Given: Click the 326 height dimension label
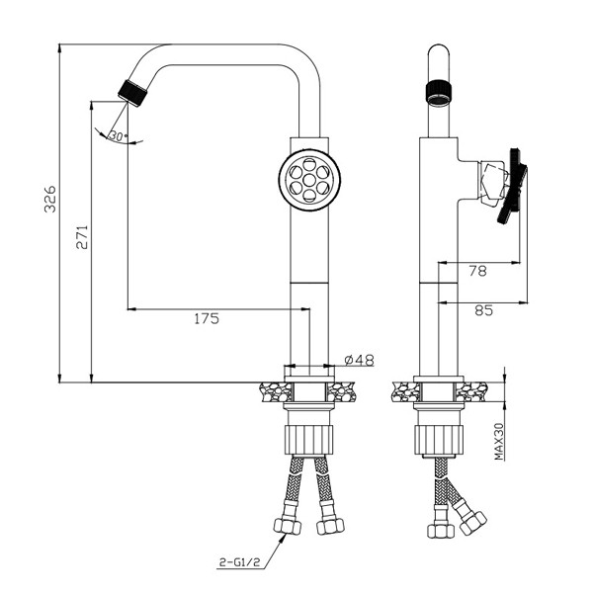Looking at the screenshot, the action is coord(50,199).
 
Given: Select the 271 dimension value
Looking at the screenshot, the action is coord(82,237).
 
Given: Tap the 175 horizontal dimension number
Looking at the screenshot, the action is coord(207,319).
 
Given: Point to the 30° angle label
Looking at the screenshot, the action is coord(119,135).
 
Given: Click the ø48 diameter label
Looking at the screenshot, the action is coord(360,360).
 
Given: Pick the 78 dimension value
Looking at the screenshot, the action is coord(478,271).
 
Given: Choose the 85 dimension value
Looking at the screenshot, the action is coord(484,310).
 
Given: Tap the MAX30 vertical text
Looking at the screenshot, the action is coord(499,442).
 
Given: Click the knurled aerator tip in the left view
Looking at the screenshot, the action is coord(132,93).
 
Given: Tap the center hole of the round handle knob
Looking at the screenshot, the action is coord(309,179).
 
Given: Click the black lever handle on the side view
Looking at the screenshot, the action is coord(512,186).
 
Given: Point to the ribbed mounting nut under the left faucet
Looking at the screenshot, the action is coord(309,439).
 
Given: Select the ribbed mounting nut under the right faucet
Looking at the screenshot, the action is coord(439,439).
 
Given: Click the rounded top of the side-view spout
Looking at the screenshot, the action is coord(439,51).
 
